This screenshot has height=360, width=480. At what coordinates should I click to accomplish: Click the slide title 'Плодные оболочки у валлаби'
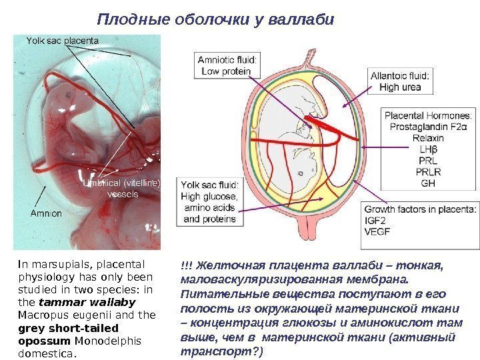coord(215,19)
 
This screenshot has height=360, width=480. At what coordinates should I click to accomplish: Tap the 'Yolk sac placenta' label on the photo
coord(62,41)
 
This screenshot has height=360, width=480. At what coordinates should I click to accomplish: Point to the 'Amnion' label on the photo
coord(45,214)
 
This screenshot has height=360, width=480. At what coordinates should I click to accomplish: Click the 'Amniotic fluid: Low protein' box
coord(224,65)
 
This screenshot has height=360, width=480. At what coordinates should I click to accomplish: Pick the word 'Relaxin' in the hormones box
coord(409,138)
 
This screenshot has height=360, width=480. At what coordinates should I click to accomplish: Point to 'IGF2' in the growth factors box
coord(376,220)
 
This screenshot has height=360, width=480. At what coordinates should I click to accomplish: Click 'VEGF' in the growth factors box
coord(378,232)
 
